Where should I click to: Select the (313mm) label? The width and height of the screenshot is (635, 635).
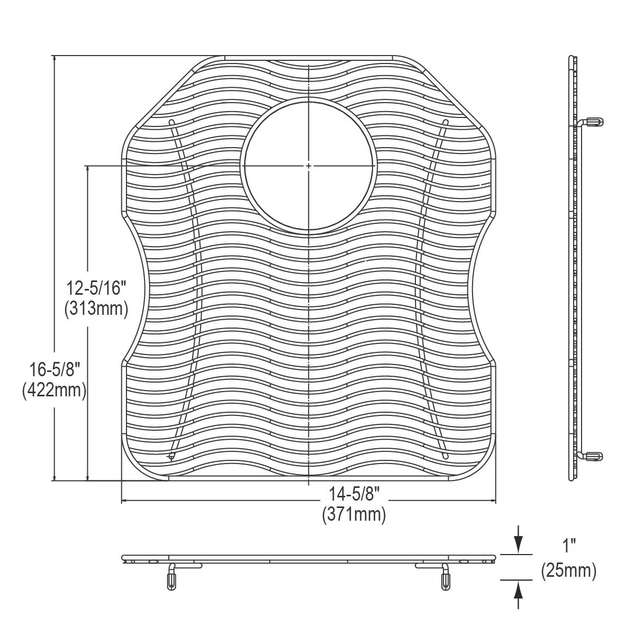96,309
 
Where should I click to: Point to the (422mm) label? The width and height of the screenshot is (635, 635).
55,391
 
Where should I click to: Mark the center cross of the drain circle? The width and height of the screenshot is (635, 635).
309,166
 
